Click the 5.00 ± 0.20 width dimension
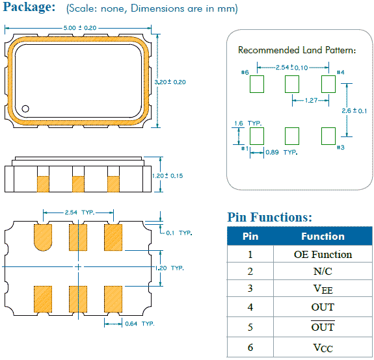80,28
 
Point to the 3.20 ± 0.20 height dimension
170,82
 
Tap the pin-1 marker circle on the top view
25,109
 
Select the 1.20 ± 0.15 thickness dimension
168,176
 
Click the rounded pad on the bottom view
43,237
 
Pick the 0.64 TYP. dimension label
140,324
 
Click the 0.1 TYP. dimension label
179,233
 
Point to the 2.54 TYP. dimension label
79,212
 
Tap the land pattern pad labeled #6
257,84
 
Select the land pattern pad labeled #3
328,136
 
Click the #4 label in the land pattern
340,72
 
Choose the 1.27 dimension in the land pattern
312,100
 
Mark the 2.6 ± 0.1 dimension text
354,110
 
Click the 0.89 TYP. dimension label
282,152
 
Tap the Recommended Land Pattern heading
297,50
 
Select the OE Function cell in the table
323,255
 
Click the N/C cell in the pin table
323,272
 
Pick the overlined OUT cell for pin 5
323,327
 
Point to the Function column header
323,237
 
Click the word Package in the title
29,7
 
